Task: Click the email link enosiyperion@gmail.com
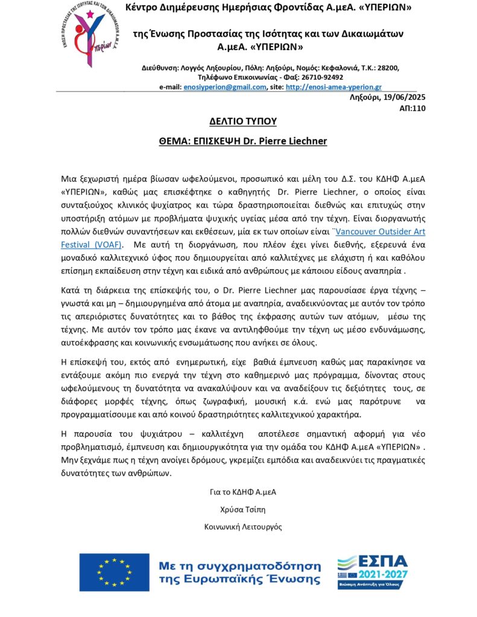(x=224, y=87)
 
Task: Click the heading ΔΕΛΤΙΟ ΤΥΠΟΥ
(x=242, y=121)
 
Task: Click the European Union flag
(x=114, y=572)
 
